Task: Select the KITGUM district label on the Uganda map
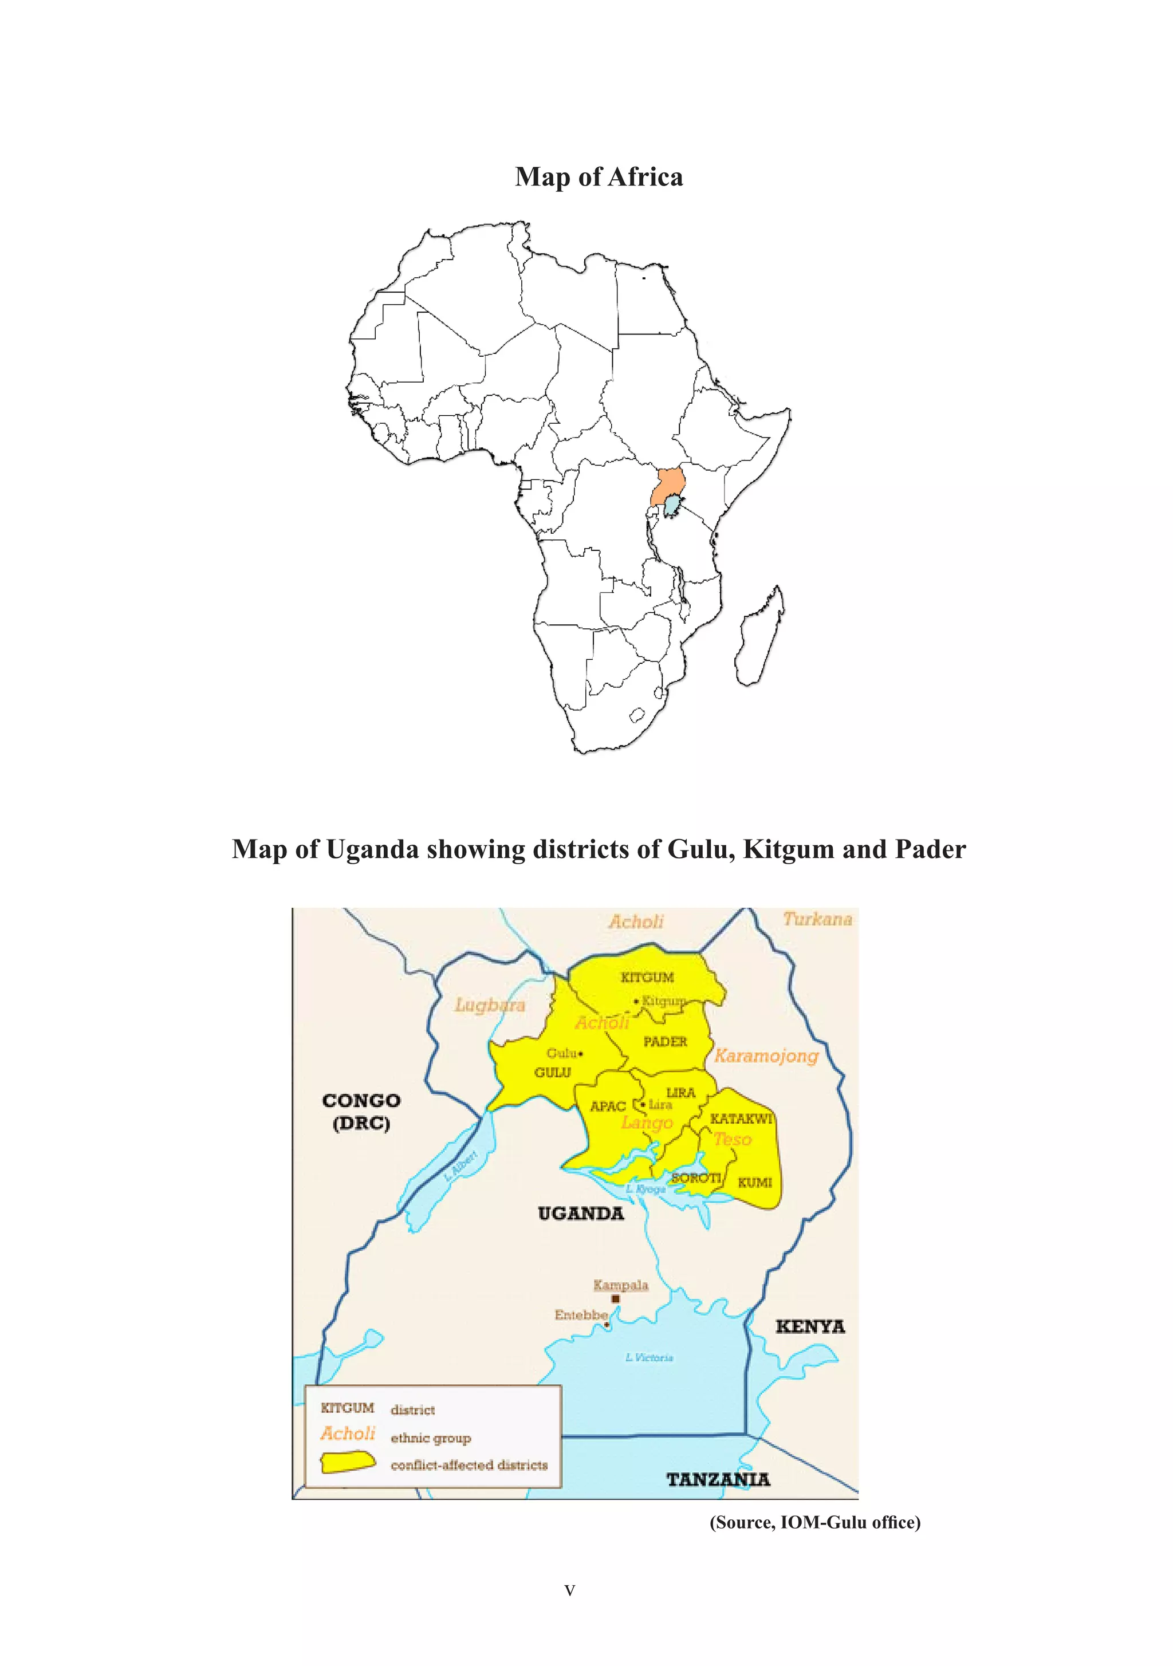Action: click(647, 978)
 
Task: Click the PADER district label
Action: click(665, 1041)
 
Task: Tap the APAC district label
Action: click(608, 1106)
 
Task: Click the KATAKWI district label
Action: click(741, 1118)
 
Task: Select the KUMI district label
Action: click(755, 1183)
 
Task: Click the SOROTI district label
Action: click(695, 1177)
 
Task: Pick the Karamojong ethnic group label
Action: click(766, 1055)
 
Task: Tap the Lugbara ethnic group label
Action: click(489, 1005)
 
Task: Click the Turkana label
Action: click(817, 919)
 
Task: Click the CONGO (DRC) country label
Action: click(361, 1112)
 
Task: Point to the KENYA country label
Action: click(810, 1326)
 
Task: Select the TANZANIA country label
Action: click(718, 1479)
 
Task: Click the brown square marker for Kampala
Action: click(616, 1299)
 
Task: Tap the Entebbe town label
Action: click(581, 1315)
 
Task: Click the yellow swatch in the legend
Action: click(348, 1463)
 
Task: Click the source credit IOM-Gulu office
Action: click(814, 1522)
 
